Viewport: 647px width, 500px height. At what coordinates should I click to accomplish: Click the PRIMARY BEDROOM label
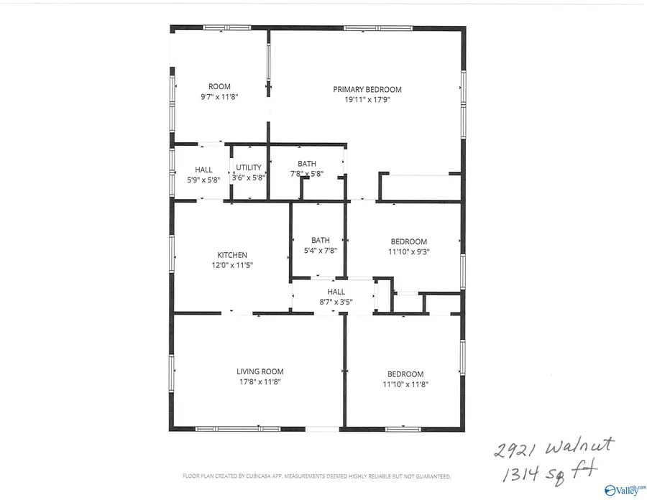pos(367,90)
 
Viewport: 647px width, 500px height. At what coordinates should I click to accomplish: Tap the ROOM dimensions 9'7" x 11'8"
pos(219,96)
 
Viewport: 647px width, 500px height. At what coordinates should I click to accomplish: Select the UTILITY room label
pos(249,167)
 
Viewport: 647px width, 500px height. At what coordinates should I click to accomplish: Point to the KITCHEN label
pos(232,255)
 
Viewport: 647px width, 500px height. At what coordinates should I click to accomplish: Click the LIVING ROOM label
pos(260,371)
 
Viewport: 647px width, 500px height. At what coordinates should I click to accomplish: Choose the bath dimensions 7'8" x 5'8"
pos(307,174)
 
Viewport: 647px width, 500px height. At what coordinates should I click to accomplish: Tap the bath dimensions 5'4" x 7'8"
pos(321,251)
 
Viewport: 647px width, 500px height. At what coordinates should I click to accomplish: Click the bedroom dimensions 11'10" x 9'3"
pos(409,251)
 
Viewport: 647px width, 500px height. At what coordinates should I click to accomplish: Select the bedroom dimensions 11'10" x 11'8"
pos(405,384)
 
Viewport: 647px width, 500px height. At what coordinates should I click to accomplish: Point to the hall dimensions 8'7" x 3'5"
pos(336,302)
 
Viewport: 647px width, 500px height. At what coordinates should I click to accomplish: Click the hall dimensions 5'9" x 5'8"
pos(203,180)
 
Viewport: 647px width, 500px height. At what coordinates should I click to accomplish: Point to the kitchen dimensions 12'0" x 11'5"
pos(232,265)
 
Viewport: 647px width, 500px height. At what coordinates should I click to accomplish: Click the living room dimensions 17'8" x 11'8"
pos(260,382)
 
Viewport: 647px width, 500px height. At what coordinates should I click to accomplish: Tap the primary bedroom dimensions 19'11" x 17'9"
pos(367,101)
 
